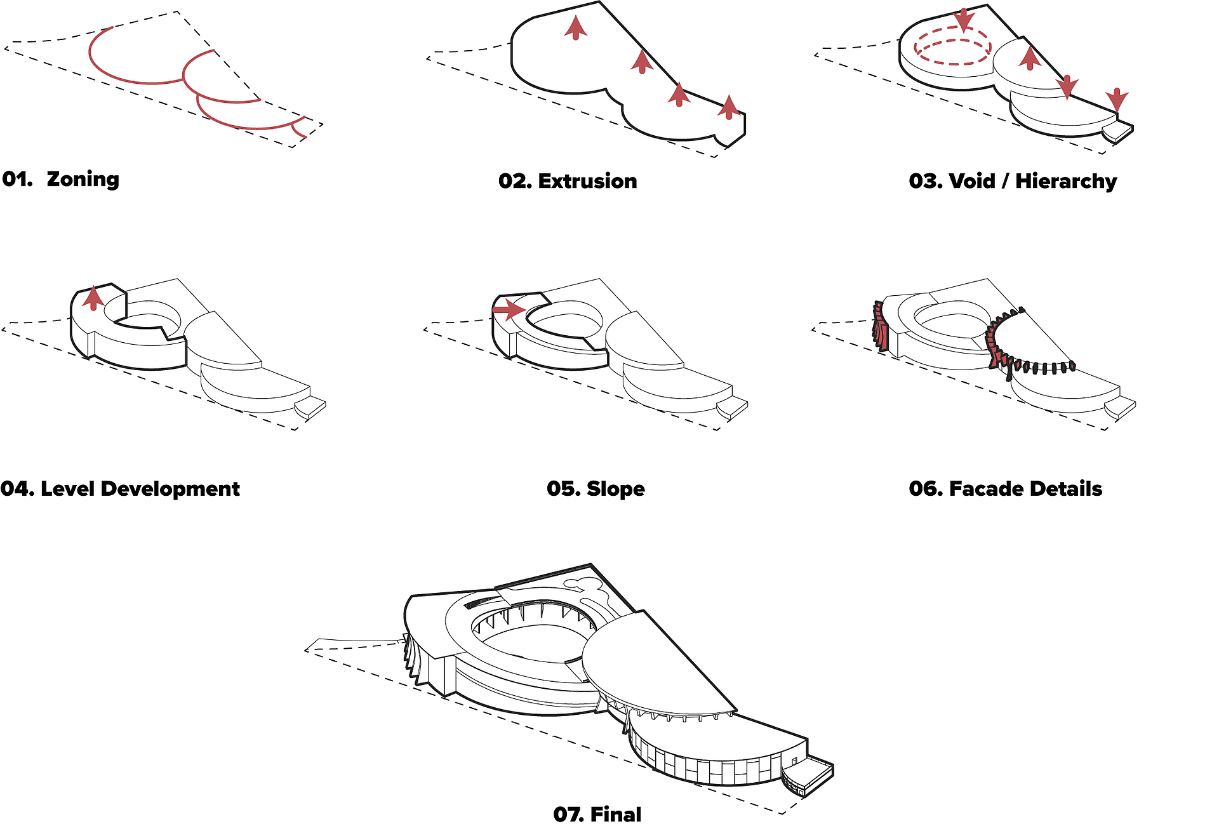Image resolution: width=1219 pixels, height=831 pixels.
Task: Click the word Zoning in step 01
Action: pyautogui.click(x=83, y=180)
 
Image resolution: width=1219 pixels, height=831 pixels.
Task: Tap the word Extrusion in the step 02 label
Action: pyautogui.click(x=587, y=181)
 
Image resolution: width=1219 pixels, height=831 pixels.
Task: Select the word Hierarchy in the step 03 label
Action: pyautogui.click(x=1066, y=182)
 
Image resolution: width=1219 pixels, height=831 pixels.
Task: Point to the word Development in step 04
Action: pyautogui.click(x=170, y=489)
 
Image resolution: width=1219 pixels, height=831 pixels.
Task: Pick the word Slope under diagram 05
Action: pyautogui.click(x=615, y=489)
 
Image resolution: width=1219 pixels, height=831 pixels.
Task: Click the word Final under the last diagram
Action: pyautogui.click(x=616, y=814)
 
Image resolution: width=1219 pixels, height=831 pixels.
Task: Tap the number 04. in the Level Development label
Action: pyautogui.click(x=17, y=489)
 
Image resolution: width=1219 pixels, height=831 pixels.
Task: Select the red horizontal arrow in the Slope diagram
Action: pyautogui.click(x=509, y=310)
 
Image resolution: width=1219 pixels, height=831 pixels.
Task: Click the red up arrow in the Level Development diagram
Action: pyautogui.click(x=93, y=298)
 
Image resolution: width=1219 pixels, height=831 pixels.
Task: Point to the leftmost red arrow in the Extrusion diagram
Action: pyautogui.click(x=576, y=28)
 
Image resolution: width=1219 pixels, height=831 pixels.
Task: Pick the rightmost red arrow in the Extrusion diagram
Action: pyautogui.click(x=729, y=107)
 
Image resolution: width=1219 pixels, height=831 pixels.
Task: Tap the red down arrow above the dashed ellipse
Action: pyautogui.click(x=964, y=20)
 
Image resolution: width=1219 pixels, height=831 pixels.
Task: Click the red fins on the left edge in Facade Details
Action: pyautogui.click(x=880, y=327)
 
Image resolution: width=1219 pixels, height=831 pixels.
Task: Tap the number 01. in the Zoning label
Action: pyautogui.click(x=18, y=179)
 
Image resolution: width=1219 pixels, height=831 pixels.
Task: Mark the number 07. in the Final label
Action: pyautogui.click(x=568, y=814)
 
